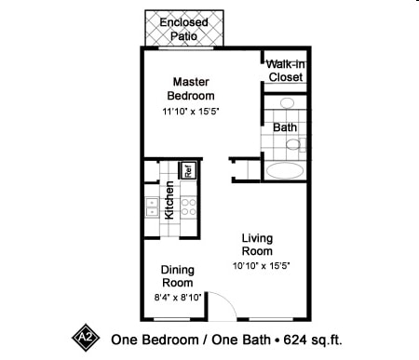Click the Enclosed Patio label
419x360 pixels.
183,29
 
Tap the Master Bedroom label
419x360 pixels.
191,88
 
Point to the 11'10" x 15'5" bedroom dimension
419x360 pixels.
191,112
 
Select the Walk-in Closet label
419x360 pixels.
286,71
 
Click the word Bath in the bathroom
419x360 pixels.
285,127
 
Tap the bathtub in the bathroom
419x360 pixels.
285,170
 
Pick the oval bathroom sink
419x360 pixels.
287,102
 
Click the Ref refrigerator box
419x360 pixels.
187,170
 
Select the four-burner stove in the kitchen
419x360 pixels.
189,207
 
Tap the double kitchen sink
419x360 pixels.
152,207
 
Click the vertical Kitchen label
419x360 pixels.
169,200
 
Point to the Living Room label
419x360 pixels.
257,245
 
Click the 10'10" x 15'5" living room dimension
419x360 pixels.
262,266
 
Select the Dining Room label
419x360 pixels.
178,276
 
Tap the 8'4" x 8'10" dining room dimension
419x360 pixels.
178,298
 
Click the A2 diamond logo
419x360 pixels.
86,338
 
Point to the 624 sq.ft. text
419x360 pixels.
313,340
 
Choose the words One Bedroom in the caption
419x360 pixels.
155,340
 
